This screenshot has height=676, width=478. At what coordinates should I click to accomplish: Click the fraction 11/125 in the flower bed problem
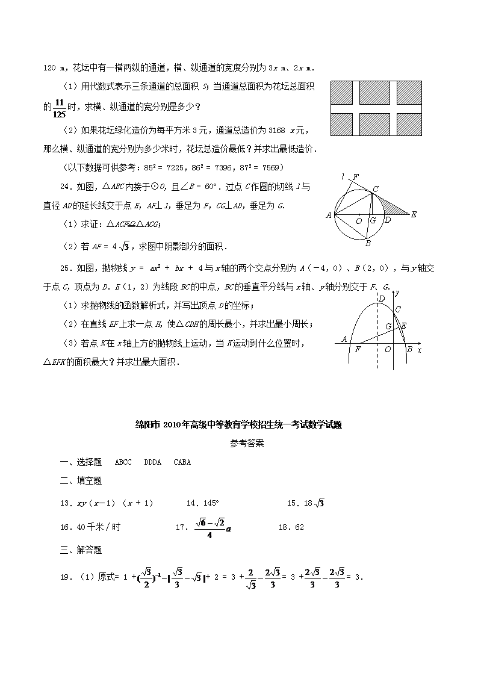tap(58, 107)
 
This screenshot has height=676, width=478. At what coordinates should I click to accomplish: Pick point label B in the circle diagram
tap(368, 244)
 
